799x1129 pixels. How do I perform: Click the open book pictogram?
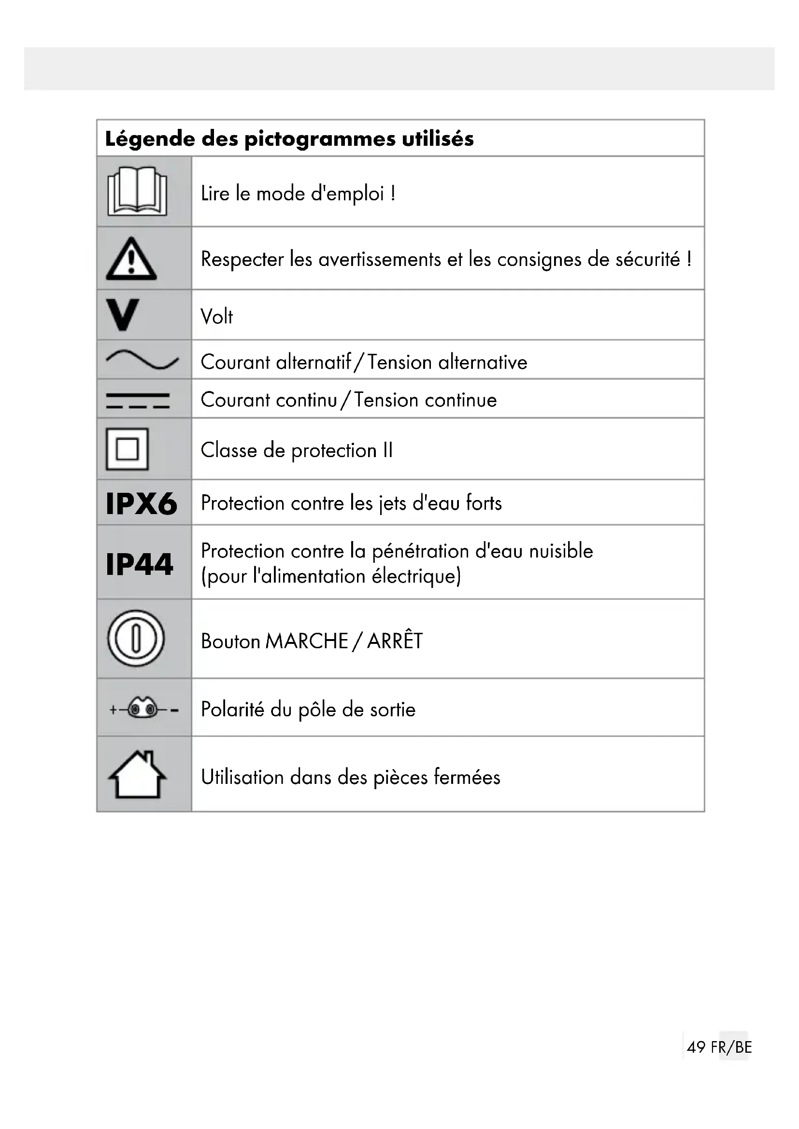[x=137, y=191]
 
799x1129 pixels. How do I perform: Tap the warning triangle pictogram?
[x=131, y=259]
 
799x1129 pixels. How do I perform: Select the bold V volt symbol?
[x=123, y=315]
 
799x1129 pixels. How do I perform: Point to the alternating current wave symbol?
[x=142, y=360]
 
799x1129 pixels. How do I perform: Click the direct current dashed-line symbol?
[x=138, y=400]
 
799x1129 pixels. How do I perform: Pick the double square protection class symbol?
[x=127, y=449]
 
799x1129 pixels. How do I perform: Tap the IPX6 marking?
[x=141, y=503]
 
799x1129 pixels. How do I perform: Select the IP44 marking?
[x=139, y=563]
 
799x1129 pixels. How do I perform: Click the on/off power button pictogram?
[x=136, y=639]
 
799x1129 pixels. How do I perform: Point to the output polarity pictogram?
[x=143, y=709]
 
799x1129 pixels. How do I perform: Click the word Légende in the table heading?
[x=150, y=139]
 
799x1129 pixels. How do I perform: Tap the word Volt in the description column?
[x=216, y=317]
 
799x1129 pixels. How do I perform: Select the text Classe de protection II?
[x=297, y=450]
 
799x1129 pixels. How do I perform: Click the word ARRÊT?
[x=395, y=641]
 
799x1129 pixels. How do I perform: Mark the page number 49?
[x=696, y=1047]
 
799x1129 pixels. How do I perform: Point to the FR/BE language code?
[x=731, y=1047]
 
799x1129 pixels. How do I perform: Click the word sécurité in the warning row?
[x=647, y=259]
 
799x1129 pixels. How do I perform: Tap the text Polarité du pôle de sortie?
[x=308, y=710]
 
